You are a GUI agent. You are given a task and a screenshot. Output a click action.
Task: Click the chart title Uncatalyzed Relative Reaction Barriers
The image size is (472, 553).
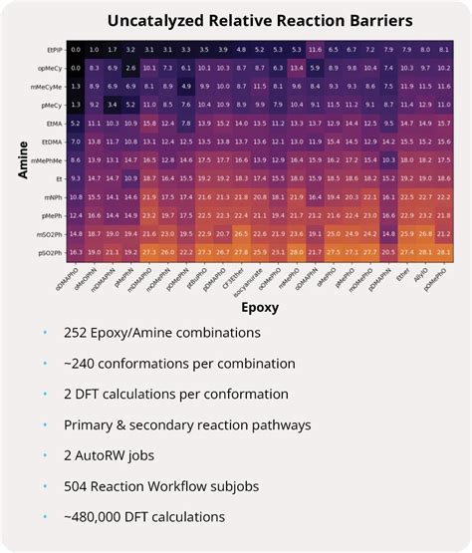pyautogui.click(x=244, y=20)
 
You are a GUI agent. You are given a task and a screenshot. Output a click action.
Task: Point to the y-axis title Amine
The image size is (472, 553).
pyautogui.click(x=22, y=160)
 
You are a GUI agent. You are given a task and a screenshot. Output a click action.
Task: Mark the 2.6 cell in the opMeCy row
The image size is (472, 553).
pyautogui.click(x=131, y=67)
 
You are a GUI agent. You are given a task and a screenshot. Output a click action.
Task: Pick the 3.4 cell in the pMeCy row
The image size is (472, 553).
pyautogui.click(x=112, y=104)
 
